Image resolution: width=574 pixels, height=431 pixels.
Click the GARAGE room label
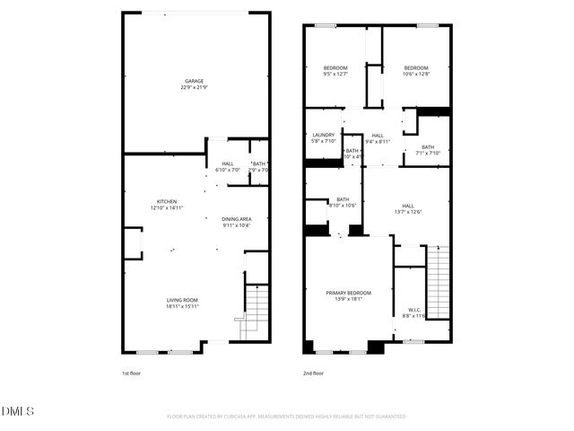[195, 84]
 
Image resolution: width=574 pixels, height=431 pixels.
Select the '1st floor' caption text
[131, 373]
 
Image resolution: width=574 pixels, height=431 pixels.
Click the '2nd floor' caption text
[313, 373]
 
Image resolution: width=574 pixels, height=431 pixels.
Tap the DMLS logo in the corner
[18, 411]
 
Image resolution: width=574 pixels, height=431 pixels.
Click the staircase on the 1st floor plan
[257, 310]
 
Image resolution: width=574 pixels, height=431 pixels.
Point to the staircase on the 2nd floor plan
[438, 278]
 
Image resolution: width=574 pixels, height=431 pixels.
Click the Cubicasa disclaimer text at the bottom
[286, 417]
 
